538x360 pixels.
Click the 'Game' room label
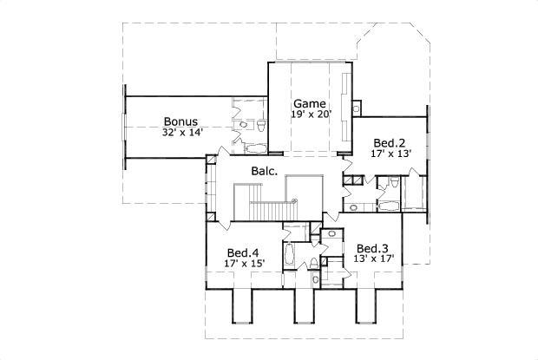click(309, 104)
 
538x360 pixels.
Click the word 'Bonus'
click(181, 122)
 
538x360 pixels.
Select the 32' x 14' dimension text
click(181, 134)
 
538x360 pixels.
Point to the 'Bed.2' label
click(388, 142)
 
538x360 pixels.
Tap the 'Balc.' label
click(265, 171)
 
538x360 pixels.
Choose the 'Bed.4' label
click(244, 252)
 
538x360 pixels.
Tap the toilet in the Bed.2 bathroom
click(393, 182)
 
